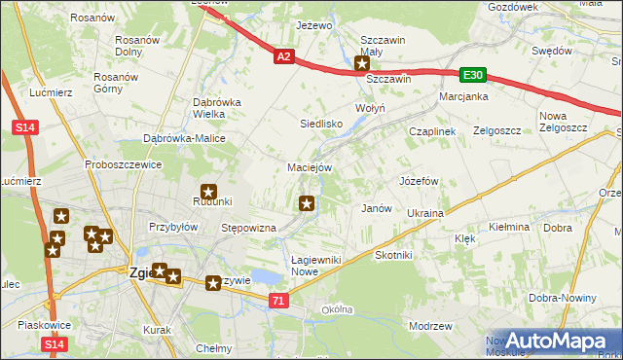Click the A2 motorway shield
[x=282, y=58]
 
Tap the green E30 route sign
[x=473, y=75]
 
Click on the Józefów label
[x=420, y=181]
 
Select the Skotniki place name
[x=394, y=254]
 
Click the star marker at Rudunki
[x=208, y=193]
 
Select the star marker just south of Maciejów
[x=307, y=203]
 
